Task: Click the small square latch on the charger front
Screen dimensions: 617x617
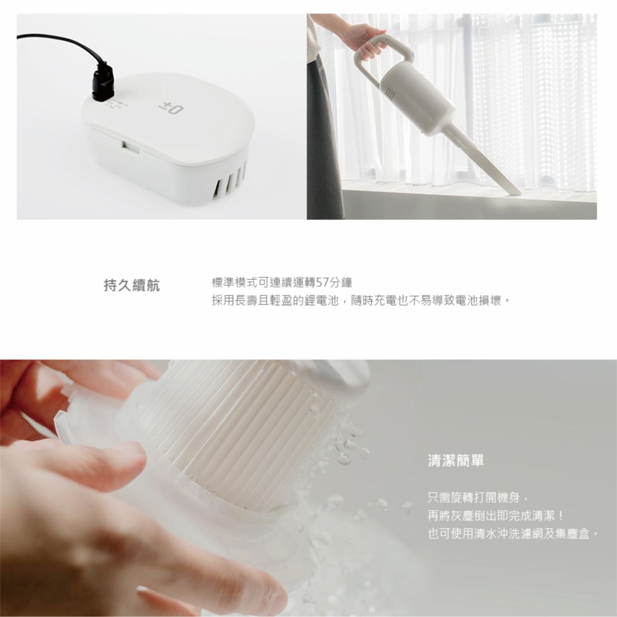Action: point(130,147)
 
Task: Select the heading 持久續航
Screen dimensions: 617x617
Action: point(132,285)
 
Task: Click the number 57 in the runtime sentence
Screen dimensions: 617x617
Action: point(323,282)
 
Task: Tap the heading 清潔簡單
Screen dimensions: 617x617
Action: point(456,460)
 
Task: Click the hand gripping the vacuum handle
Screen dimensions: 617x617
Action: point(364,40)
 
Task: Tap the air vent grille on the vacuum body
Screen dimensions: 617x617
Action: point(390,93)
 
